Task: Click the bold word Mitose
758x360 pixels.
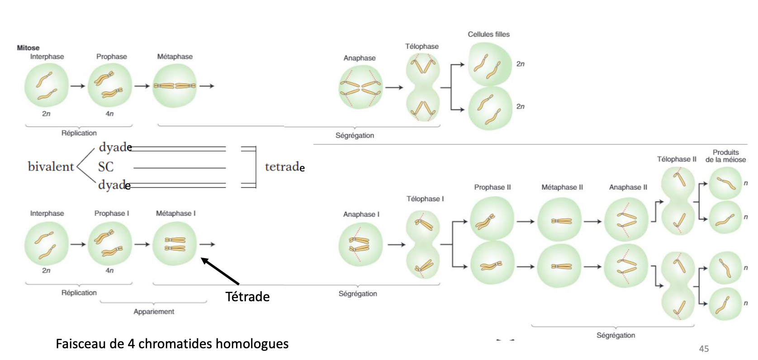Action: pyautogui.click(x=28, y=47)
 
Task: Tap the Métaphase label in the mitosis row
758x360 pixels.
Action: pyautogui.click(x=175, y=57)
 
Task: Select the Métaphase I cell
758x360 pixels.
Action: pyautogui.click(x=175, y=244)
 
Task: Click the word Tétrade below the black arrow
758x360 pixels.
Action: pyautogui.click(x=247, y=297)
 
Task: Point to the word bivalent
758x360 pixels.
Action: pyautogui.click(x=51, y=166)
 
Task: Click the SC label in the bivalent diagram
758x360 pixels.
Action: pyautogui.click(x=106, y=167)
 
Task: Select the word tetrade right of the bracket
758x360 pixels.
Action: pyautogui.click(x=284, y=167)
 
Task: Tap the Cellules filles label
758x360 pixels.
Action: pyautogui.click(x=488, y=34)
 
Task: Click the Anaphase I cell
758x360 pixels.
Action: pyautogui.click(x=360, y=245)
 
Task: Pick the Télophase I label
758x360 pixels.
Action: pyautogui.click(x=425, y=199)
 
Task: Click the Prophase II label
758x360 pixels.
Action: pyautogui.click(x=492, y=187)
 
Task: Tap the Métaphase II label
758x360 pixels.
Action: pyautogui.click(x=562, y=187)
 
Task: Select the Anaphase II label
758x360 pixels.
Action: pyautogui.click(x=628, y=187)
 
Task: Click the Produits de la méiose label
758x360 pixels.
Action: pyautogui.click(x=725, y=156)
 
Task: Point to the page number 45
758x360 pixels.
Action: pyautogui.click(x=704, y=349)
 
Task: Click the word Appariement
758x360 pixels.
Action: pyautogui.click(x=154, y=312)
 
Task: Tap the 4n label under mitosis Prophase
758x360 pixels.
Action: pyautogui.click(x=109, y=114)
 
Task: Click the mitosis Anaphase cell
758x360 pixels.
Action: pyautogui.click(x=360, y=87)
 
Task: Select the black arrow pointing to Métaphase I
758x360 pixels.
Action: pyautogui.click(x=220, y=271)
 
